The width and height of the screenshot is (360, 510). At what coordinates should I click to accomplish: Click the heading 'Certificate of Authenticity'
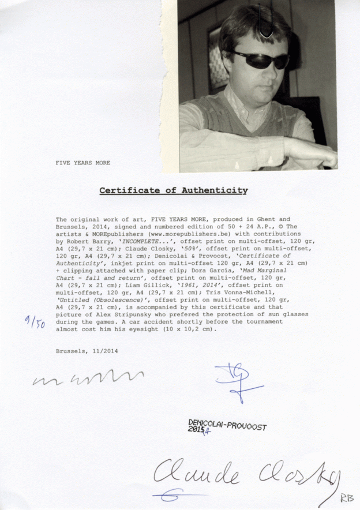coord(173,190)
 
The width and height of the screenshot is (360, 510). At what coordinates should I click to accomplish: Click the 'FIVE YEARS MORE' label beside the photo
coord(82,163)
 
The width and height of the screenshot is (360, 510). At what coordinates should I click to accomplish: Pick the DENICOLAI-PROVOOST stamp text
coord(228,426)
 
